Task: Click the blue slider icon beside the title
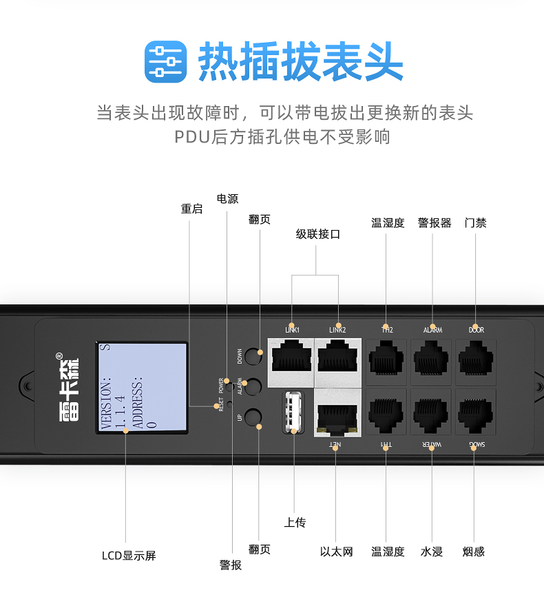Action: [x=165, y=61]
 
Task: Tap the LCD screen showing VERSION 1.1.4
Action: [x=141, y=388]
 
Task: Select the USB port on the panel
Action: [x=293, y=412]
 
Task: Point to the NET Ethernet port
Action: [x=336, y=412]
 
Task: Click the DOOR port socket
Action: [x=476, y=361]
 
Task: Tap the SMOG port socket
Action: [x=476, y=412]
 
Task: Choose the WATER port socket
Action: [x=432, y=412]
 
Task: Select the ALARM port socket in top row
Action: [x=432, y=361]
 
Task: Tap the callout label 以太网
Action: [x=336, y=552]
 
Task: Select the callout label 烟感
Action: [x=473, y=552]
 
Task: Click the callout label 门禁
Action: [x=475, y=222]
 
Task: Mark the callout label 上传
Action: [x=295, y=523]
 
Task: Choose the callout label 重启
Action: [x=191, y=209]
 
